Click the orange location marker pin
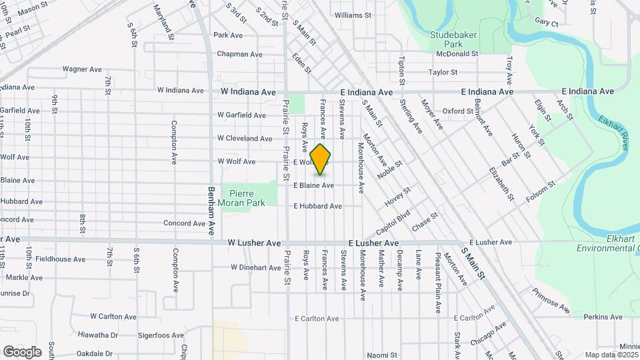click(321, 159)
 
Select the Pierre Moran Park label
click(243, 197)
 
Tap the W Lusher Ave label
click(253, 244)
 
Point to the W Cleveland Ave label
click(245, 139)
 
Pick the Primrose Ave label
click(551, 301)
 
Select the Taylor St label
click(443, 72)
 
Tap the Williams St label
click(353, 15)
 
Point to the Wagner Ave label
click(81, 69)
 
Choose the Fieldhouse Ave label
click(61, 259)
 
